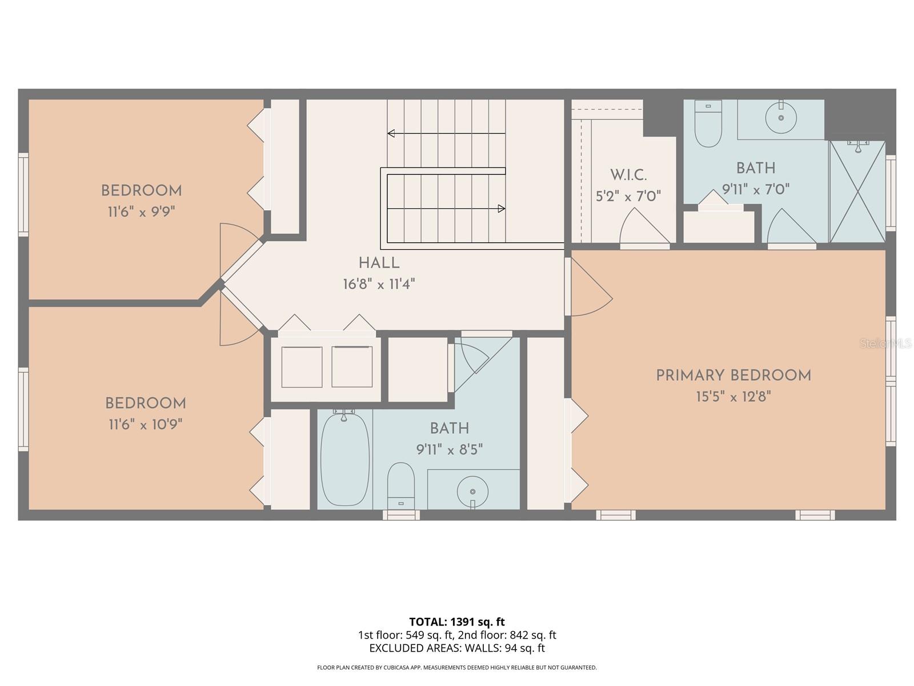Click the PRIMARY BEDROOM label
[x=733, y=376]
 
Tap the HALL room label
[x=379, y=264]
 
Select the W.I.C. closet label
[x=628, y=175]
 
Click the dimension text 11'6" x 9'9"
[x=141, y=212]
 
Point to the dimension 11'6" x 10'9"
[x=145, y=425]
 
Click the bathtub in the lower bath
[x=344, y=459]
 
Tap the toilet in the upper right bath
[x=708, y=123]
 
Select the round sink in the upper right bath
[x=780, y=118]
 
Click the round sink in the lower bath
[x=472, y=491]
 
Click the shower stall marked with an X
[x=857, y=192]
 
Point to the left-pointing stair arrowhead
[x=391, y=134]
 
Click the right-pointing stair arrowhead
[x=502, y=209]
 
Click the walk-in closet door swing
[x=643, y=229]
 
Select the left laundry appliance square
[x=302, y=367]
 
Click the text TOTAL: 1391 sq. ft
[x=456, y=621]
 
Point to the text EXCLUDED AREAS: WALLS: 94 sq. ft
[x=456, y=648]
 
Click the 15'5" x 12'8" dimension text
[x=733, y=397]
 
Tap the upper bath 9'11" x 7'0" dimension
[x=755, y=190]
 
